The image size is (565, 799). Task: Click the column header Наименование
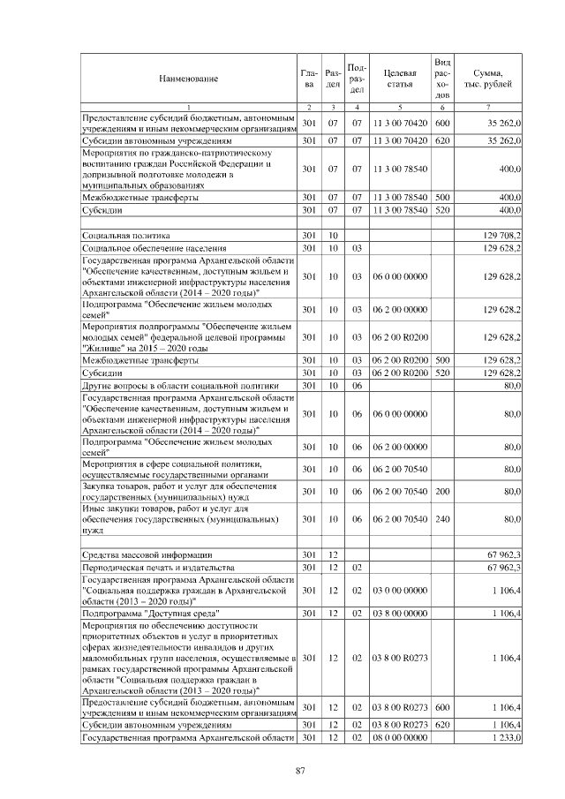[188, 79]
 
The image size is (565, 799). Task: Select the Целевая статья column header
[400, 79]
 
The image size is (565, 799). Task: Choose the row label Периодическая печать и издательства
[156, 566]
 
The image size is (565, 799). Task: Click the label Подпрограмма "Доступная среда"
[150, 611]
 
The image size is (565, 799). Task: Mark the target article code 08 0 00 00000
[400, 736]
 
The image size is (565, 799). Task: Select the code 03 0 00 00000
[400, 589]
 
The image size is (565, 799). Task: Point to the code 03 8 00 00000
[400, 611]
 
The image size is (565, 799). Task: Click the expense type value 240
[442, 520]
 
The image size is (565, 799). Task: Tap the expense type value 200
[442, 491]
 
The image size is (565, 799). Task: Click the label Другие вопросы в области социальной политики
[180, 386]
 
